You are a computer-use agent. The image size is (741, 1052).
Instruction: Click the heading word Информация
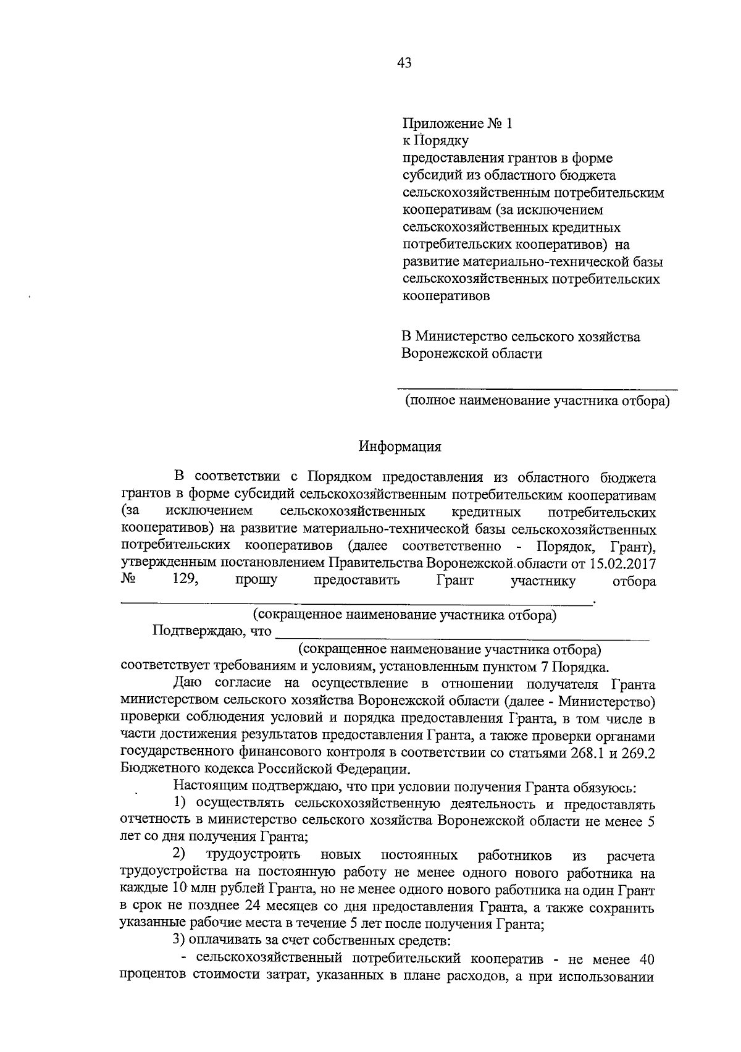[400, 447]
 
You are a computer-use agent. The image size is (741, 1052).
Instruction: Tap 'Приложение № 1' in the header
[458, 124]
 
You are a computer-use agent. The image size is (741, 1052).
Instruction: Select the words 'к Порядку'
[436, 141]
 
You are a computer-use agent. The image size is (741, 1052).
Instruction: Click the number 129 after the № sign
[183, 581]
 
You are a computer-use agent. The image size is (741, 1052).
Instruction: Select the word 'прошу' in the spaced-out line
[256, 581]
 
